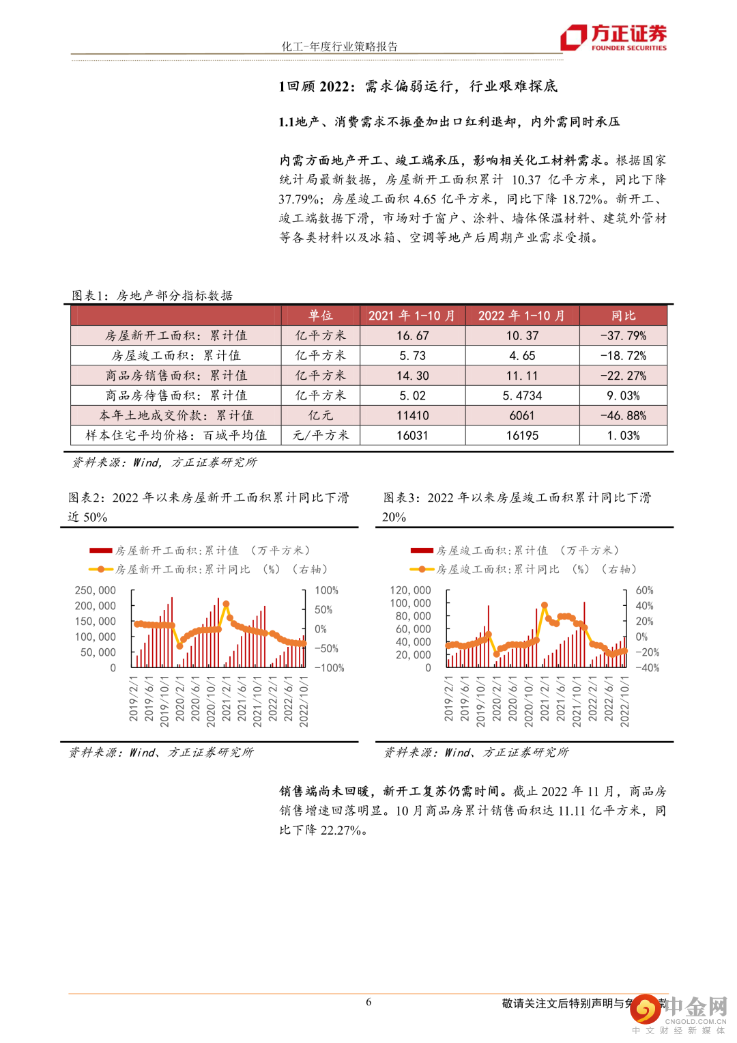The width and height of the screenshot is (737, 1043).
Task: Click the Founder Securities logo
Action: tap(613, 38)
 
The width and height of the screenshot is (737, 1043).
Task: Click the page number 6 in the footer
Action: tap(369, 1002)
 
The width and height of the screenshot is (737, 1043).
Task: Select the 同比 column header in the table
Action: tap(623, 316)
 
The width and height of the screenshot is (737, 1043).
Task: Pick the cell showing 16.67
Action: tap(413, 336)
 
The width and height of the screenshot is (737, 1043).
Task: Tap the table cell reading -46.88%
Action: tap(623, 415)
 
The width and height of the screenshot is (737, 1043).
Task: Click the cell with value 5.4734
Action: tap(522, 395)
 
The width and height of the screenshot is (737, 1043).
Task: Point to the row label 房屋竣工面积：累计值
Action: tap(176, 356)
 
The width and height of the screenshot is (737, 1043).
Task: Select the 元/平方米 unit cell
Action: tap(320, 435)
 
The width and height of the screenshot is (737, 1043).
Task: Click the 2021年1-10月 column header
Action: tap(411, 316)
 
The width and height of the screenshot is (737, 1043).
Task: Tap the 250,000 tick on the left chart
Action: tap(96, 590)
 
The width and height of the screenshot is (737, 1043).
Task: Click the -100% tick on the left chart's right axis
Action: tap(328, 668)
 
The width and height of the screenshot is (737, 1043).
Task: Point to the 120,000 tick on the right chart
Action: tap(410, 590)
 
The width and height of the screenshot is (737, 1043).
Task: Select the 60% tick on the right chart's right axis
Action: tap(644, 590)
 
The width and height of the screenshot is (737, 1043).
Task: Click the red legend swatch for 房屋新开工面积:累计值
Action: tap(100, 551)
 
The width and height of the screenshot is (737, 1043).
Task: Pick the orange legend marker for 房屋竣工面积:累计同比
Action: tap(422, 569)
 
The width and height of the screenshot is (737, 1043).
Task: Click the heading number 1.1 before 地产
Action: tap(286, 122)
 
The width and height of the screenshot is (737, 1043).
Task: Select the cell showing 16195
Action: tap(522, 435)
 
